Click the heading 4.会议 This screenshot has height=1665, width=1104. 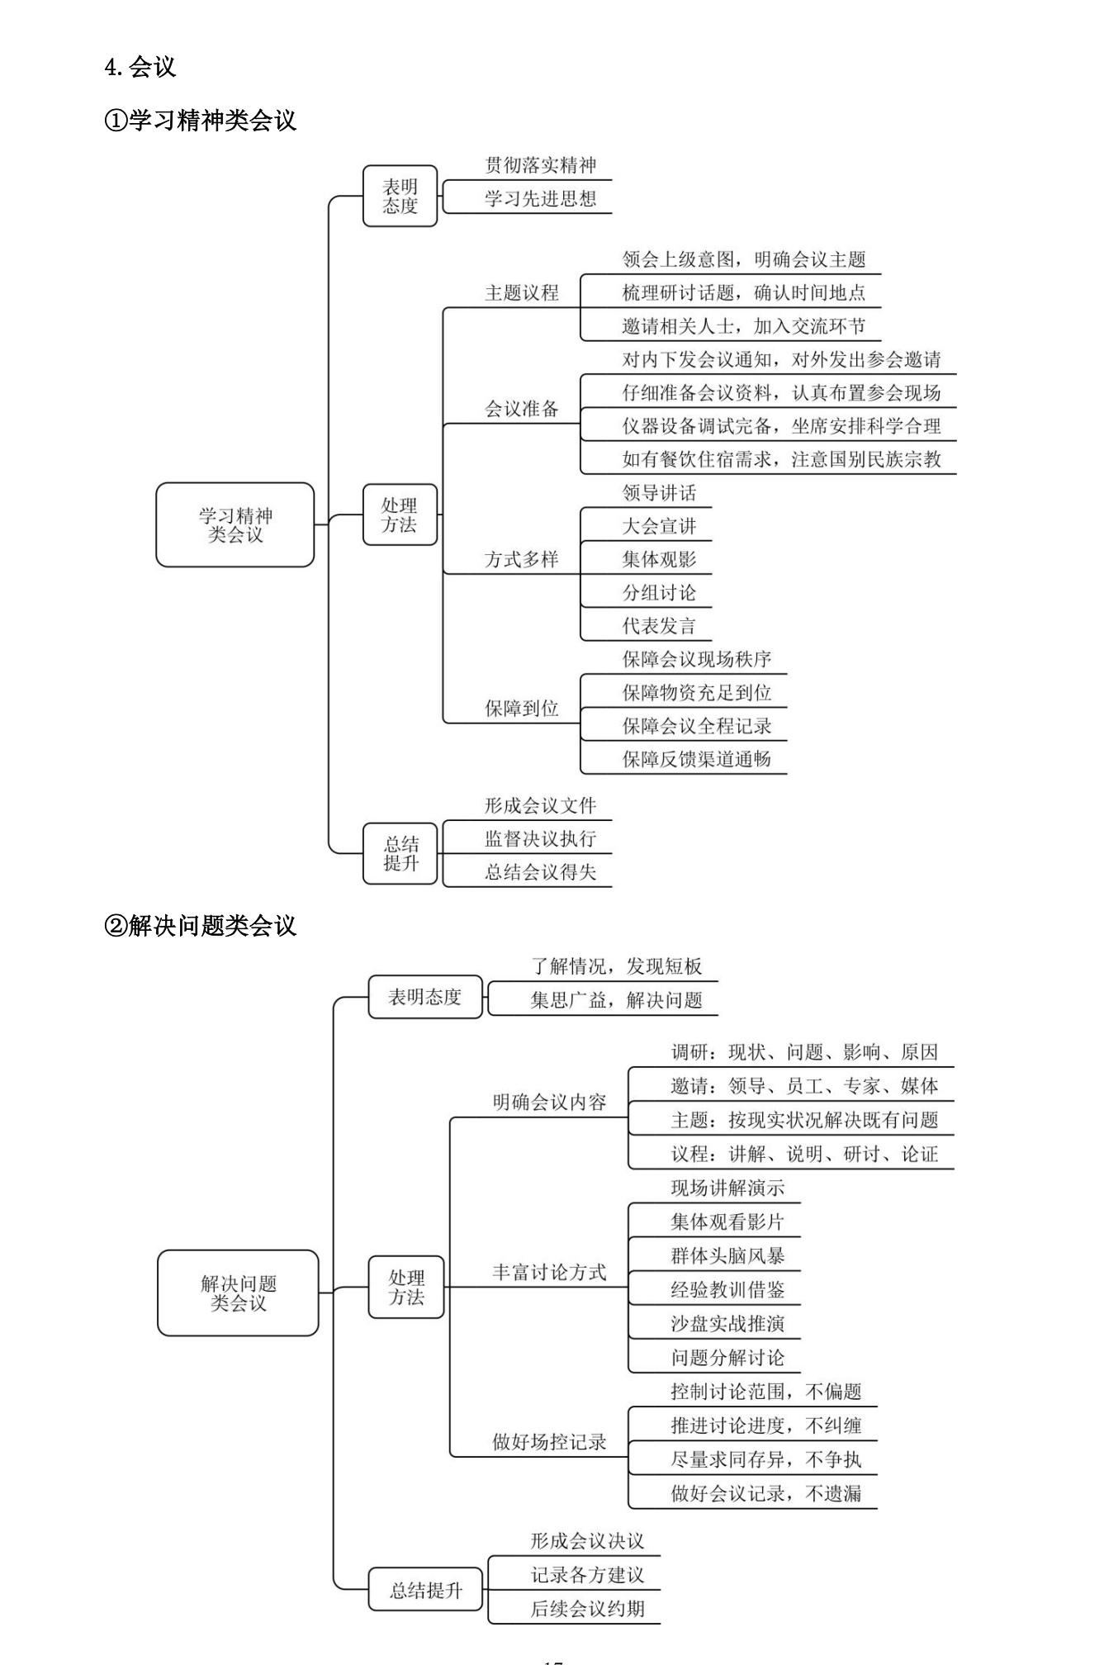(140, 67)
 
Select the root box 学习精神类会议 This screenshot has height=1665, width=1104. (235, 525)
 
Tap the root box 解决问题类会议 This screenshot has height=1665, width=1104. (238, 1293)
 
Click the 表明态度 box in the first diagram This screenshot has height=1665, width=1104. (400, 197)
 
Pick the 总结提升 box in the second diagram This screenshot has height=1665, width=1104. (425, 1590)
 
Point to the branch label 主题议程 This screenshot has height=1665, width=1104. (521, 293)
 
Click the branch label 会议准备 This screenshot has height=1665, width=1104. (521, 409)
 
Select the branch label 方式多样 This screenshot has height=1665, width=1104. (521, 560)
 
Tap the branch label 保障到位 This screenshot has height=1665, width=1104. (521, 709)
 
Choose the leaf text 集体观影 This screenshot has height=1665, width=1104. (659, 560)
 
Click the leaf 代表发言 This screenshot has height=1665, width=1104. (659, 626)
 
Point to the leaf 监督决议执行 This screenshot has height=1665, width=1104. (540, 839)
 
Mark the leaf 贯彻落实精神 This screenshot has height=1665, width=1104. (540, 165)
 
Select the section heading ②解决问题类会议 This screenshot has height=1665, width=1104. (200, 926)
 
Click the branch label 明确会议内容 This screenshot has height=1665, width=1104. (549, 1103)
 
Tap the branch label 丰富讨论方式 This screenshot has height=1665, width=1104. (549, 1273)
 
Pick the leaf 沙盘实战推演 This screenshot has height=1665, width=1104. (727, 1324)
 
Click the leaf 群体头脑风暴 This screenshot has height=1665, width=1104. (727, 1256)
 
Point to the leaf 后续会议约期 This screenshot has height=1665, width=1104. (587, 1609)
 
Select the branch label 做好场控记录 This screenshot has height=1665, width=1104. (549, 1442)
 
